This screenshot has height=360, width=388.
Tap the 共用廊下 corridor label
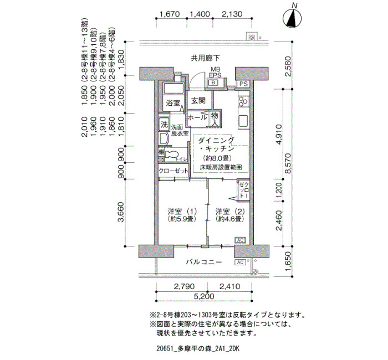coord(205,58)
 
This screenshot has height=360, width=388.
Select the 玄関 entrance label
coord(198,101)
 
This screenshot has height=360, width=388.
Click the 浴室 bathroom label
coord(172,103)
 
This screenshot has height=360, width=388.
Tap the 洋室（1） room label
coord(182,215)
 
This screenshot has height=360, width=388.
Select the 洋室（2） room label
coord(229,215)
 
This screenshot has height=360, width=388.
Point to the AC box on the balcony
coord(241,262)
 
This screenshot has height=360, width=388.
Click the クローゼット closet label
coord(173,172)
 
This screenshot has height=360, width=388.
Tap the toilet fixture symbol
coord(171,156)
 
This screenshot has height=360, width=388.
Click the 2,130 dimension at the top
coord(232,15)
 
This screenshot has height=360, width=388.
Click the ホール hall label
coord(197,117)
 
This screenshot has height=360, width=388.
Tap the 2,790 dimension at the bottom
coord(183,287)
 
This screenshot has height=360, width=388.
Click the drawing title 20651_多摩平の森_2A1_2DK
coord(197,349)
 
